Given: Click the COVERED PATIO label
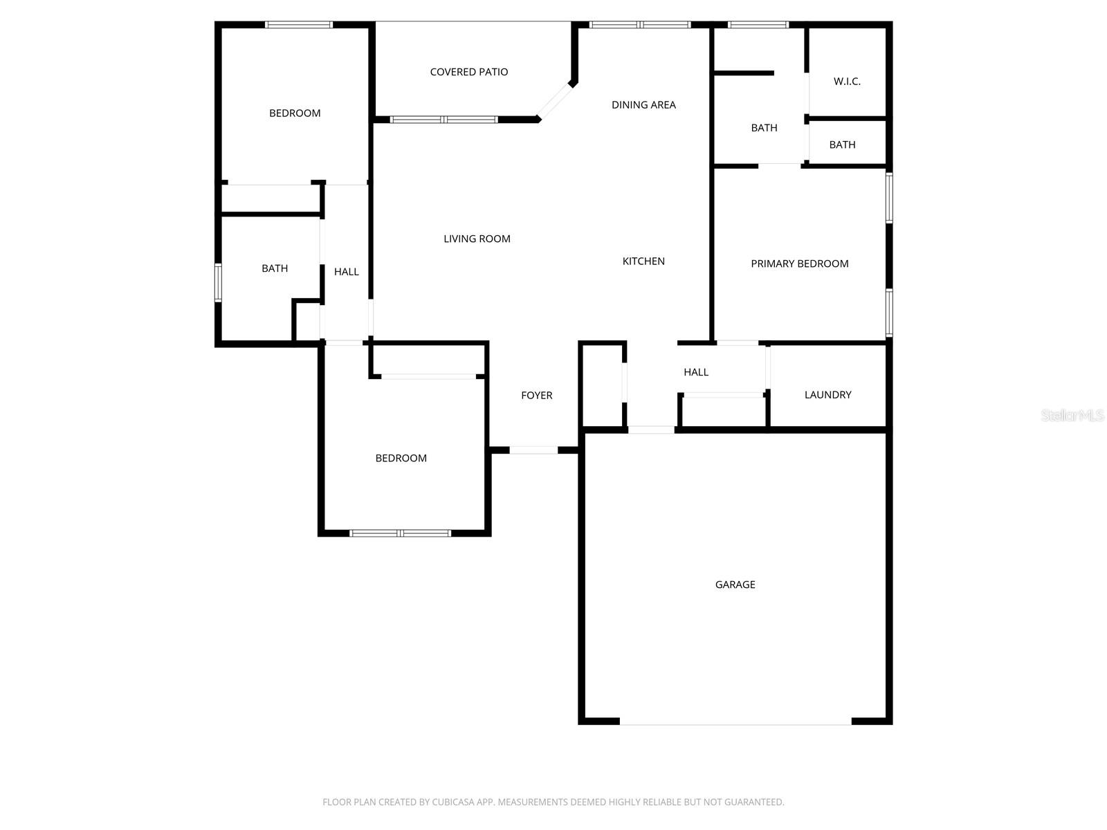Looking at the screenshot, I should pyautogui.click(x=468, y=72).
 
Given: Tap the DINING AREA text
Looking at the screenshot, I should pyautogui.click(x=643, y=105).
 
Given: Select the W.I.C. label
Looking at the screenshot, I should pyautogui.click(x=847, y=82).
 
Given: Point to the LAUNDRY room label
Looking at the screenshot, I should pyautogui.click(x=827, y=395).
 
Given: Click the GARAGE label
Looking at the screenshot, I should pyautogui.click(x=735, y=584).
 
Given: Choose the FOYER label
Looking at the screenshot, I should pyautogui.click(x=536, y=396).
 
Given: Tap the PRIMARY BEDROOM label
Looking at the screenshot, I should pyautogui.click(x=799, y=264).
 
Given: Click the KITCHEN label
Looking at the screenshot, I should pyautogui.click(x=643, y=261).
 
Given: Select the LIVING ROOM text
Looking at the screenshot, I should pyautogui.click(x=477, y=239).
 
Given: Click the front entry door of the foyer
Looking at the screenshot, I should pyautogui.click(x=533, y=450).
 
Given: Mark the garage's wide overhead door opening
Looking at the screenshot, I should pyautogui.click(x=735, y=722).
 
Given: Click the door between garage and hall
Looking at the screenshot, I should pyautogui.click(x=651, y=430).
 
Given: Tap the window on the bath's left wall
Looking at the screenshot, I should pyautogui.click(x=218, y=283).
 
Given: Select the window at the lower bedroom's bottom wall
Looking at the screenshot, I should pyautogui.click(x=401, y=533).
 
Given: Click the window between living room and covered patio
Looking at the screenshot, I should pyautogui.click(x=443, y=120).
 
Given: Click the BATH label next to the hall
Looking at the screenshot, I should pyautogui.click(x=275, y=268).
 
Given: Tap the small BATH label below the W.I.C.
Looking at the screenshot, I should pyautogui.click(x=842, y=145).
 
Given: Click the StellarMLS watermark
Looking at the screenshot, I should pyautogui.click(x=1072, y=416).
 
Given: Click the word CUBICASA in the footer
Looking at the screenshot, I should pyautogui.click(x=454, y=802).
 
